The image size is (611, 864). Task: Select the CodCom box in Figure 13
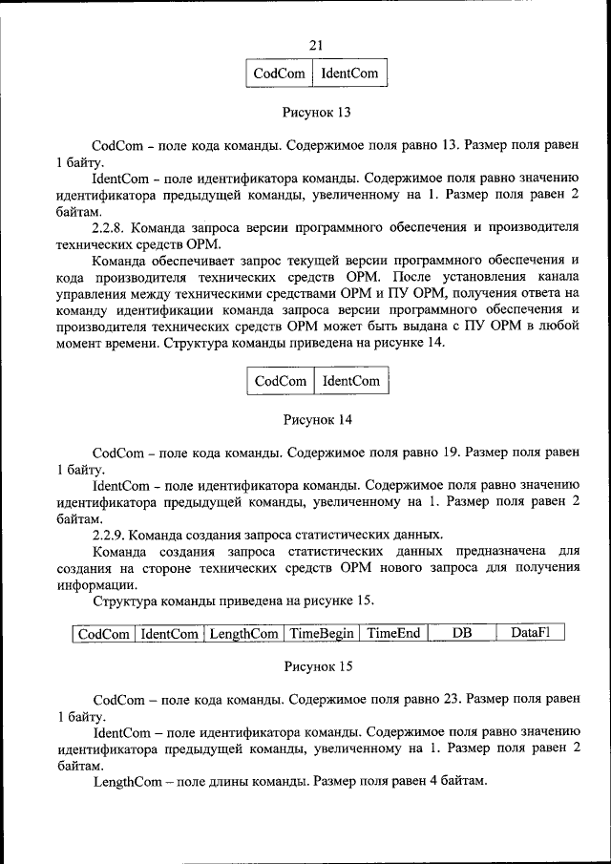[x=280, y=73]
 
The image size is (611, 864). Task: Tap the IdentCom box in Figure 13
[x=349, y=73]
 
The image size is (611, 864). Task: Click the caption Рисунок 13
[x=317, y=112]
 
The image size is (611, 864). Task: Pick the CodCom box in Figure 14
[x=281, y=381]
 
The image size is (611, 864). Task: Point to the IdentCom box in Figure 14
[x=350, y=381]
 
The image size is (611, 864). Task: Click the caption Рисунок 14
[x=317, y=419]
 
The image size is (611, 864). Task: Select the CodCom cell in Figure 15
[x=104, y=633]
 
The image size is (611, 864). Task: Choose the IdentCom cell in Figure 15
[x=169, y=633]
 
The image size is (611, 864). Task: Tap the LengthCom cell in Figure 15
[x=243, y=633]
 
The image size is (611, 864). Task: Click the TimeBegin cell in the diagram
[x=322, y=633]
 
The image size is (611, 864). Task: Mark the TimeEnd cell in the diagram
[x=394, y=633]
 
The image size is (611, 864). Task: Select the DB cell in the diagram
[x=462, y=633]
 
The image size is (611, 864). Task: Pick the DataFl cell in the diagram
[x=531, y=633]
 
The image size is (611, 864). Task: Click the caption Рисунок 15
[x=317, y=665]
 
